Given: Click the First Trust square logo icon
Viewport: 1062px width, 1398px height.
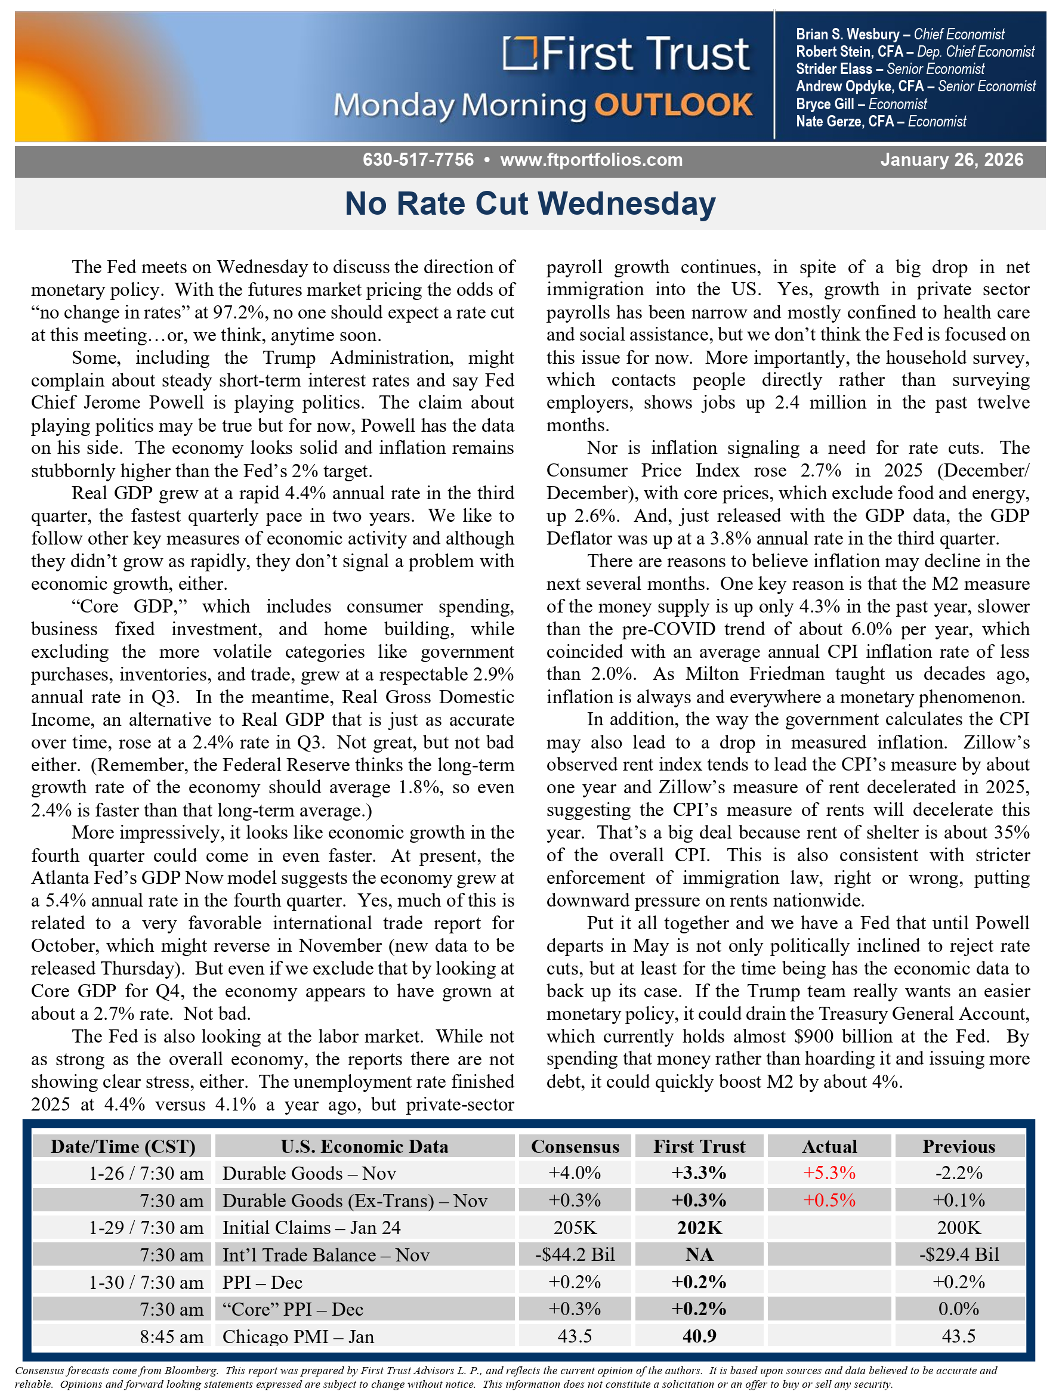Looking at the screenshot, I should [519, 54].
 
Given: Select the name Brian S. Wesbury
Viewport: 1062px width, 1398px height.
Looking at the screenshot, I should [847, 34].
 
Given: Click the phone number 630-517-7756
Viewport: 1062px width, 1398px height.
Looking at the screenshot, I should [418, 160].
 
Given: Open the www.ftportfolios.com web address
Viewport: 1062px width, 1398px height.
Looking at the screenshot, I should [591, 160].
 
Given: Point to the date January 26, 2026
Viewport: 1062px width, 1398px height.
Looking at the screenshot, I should [952, 160].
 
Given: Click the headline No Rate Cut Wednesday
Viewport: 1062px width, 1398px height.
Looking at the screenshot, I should [530, 204].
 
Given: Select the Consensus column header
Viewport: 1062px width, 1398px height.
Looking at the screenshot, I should [575, 1146].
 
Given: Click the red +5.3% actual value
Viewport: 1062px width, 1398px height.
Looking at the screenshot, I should [829, 1173].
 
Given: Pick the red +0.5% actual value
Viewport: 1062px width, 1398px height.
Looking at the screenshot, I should [829, 1200].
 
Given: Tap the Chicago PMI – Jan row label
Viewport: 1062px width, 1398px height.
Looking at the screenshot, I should [298, 1337].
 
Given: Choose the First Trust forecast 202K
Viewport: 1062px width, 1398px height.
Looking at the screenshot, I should [699, 1227].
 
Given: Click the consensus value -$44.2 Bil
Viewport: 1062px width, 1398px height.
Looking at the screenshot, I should [575, 1254].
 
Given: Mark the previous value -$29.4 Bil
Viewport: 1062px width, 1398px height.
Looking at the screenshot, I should [958, 1254].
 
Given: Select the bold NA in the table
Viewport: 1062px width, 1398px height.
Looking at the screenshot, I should [699, 1254].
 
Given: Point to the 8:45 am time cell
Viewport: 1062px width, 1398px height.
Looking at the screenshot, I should [171, 1337].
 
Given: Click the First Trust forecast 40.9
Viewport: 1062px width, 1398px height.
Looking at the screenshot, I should [699, 1336].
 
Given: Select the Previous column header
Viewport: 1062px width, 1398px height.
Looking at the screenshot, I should [958, 1146].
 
